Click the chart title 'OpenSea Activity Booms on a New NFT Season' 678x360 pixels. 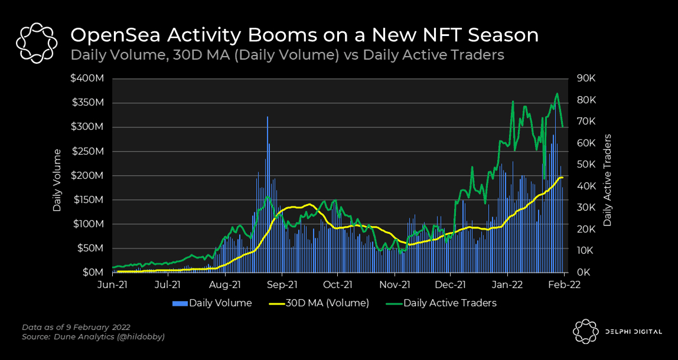tap(304, 35)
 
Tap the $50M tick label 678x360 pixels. tap(92, 248)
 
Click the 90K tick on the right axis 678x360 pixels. tap(586, 78)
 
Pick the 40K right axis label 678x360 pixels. tap(586, 186)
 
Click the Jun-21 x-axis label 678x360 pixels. tap(112, 285)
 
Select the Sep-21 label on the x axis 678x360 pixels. tap(282, 285)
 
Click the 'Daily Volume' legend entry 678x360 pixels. tap(213, 303)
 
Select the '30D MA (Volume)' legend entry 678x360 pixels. tap(319, 303)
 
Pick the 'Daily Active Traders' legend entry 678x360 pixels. tap(442, 303)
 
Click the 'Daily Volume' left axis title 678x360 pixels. tap(57, 181)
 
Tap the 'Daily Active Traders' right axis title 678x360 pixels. tap(607, 181)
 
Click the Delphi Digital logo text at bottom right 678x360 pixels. tap(634, 332)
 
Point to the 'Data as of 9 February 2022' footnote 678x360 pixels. tap(76, 327)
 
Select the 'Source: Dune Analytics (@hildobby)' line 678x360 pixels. tap(93, 336)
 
